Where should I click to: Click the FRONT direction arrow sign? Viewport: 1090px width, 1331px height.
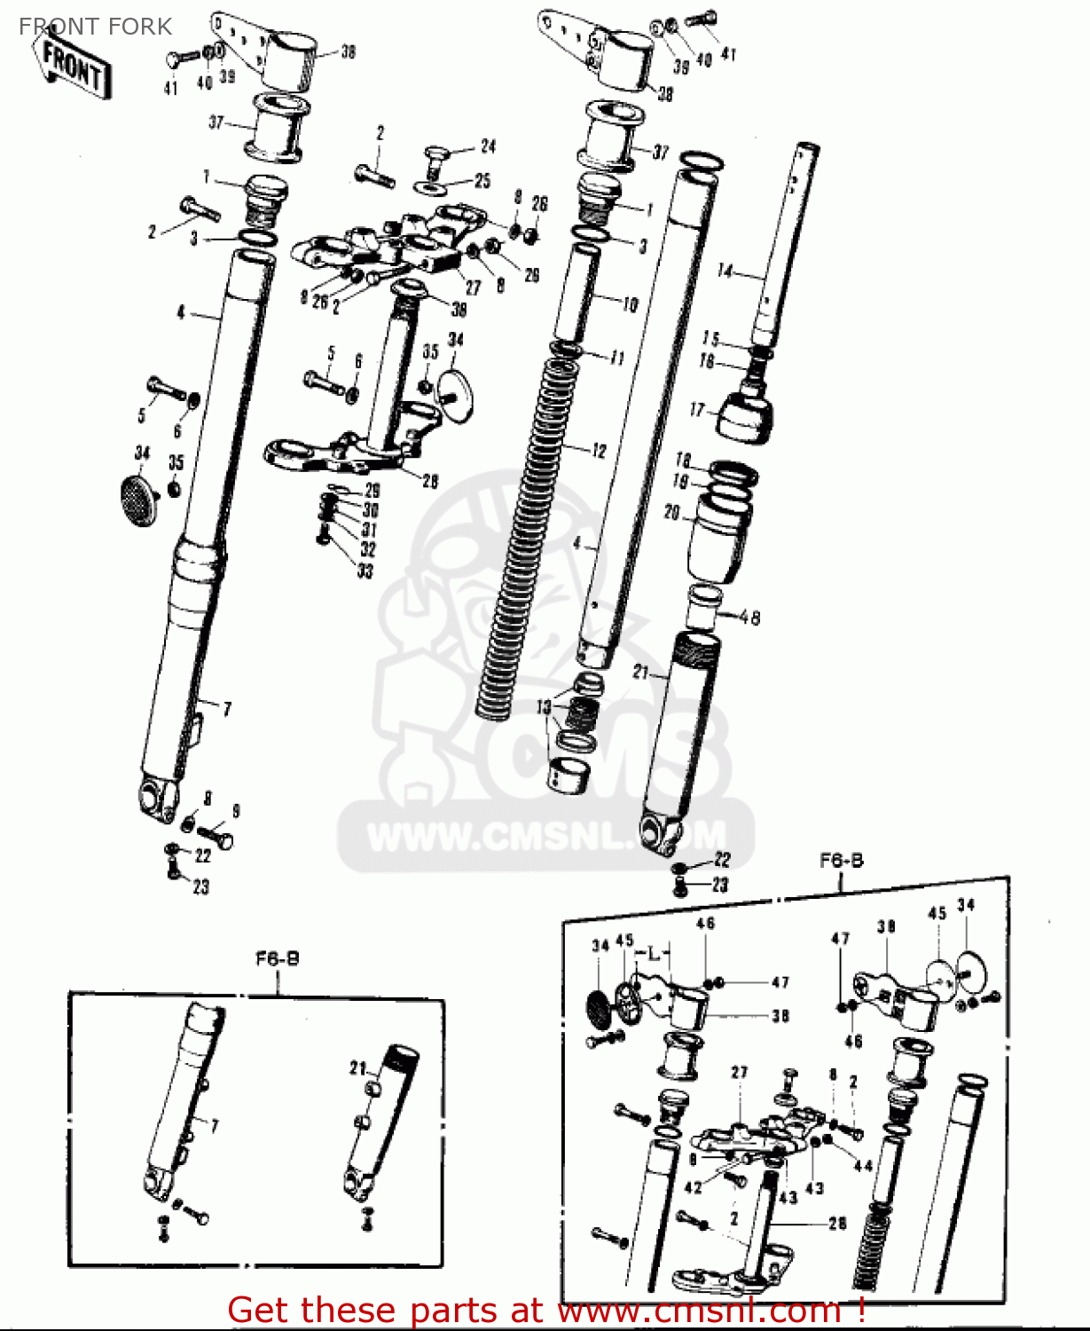click(75, 67)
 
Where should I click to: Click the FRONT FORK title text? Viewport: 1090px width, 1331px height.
click(95, 27)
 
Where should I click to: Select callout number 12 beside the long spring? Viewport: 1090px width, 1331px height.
click(599, 451)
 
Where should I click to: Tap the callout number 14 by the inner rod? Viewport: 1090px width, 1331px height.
click(725, 272)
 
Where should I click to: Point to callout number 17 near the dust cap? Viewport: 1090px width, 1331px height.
click(697, 410)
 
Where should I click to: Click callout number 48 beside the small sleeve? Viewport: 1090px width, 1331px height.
click(749, 617)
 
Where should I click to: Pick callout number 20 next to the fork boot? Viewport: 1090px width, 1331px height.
click(672, 513)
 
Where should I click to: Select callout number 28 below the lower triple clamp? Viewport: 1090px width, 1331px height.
click(430, 481)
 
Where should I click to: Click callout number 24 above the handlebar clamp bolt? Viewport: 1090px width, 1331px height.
click(488, 146)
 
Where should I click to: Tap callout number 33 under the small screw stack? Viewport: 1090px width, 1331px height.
click(365, 571)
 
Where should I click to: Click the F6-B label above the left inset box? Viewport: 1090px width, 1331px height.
click(278, 958)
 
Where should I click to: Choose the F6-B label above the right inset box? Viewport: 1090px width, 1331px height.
click(841, 860)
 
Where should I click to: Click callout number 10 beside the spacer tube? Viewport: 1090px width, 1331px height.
click(630, 305)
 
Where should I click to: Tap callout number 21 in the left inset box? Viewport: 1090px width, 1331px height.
click(357, 1068)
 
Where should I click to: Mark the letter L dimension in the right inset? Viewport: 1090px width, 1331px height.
click(654, 954)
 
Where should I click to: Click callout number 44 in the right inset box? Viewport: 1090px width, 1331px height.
click(862, 1165)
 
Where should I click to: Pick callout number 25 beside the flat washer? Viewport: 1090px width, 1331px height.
click(482, 181)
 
